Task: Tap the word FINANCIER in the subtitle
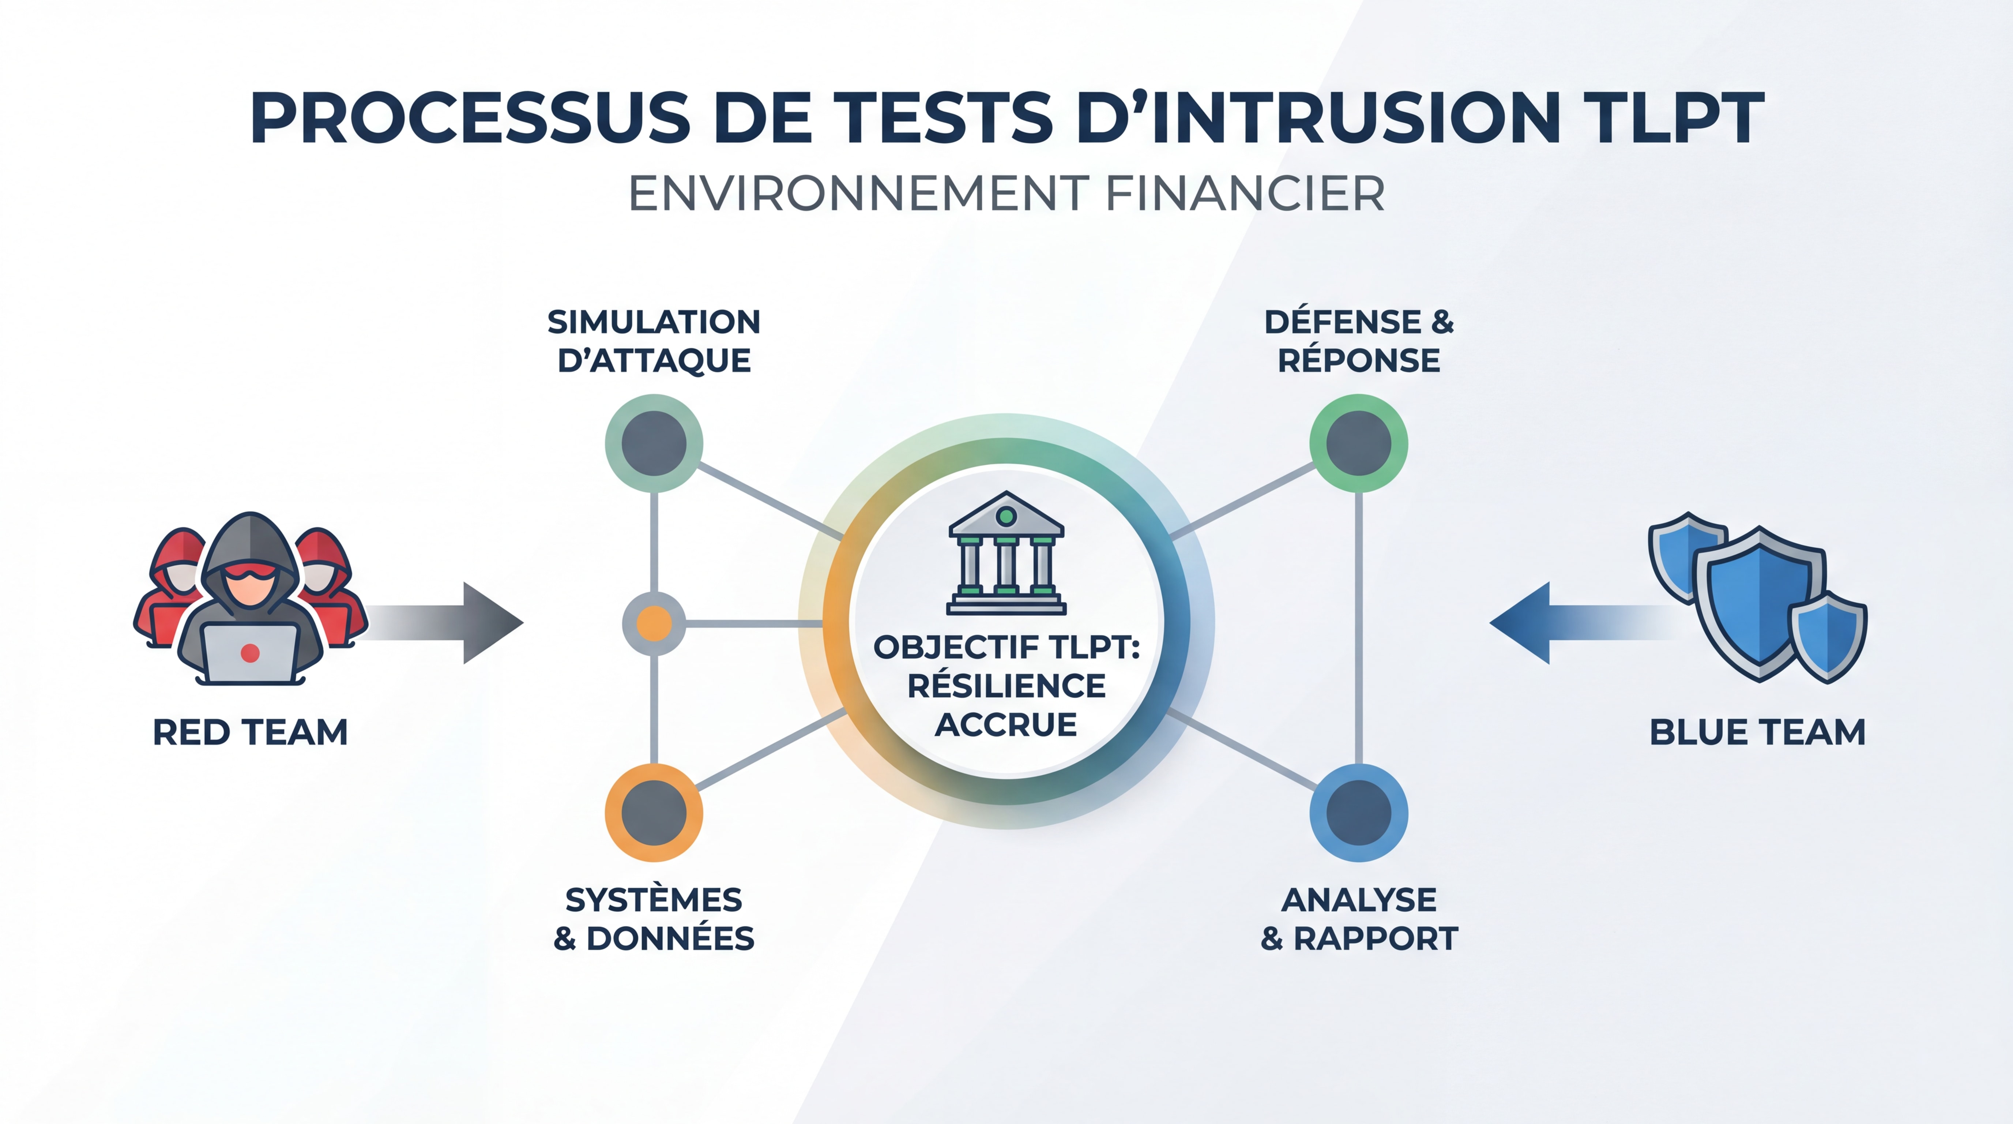pyautogui.click(x=1246, y=194)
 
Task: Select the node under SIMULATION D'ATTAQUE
pyautogui.click(x=654, y=443)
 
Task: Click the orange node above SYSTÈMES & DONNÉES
pyautogui.click(x=654, y=813)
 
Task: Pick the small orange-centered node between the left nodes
pyautogui.click(x=654, y=624)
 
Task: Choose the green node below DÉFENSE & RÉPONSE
pyautogui.click(x=1359, y=443)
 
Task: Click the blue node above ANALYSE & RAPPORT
pyautogui.click(x=1359, y=813)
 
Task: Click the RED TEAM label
pyautogui.click(x=250, y=733)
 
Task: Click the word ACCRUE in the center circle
pyautogui.click(x=1006, y=724)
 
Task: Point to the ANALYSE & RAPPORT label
pyautogui.click(x=1359, y=918)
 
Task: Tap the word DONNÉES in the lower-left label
pyautogui.click(x=670, y=938)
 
